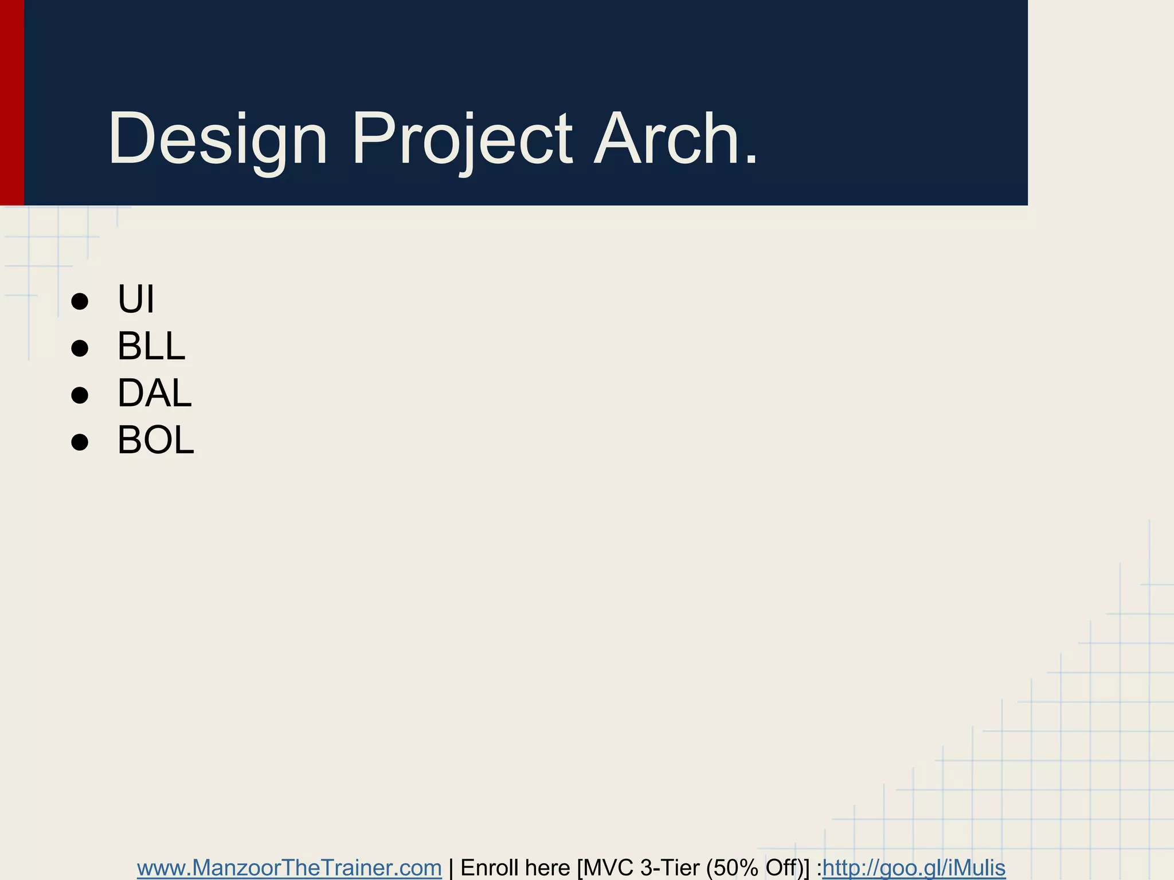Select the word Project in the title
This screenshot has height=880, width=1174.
461,139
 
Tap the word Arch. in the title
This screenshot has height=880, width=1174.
676,139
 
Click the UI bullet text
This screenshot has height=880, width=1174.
136,299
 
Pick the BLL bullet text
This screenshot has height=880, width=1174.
151,346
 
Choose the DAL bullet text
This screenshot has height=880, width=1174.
154,393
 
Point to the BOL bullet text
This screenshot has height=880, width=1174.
156,440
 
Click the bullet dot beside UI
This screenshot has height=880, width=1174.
80,301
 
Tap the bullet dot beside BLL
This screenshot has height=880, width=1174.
80,348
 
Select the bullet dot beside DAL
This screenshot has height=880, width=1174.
80,395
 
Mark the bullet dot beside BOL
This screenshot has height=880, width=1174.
80,442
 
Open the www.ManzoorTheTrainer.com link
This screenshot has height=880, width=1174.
289,868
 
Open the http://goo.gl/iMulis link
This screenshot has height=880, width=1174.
914,868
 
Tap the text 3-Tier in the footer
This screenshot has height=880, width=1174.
670,868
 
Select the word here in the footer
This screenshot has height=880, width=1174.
547,868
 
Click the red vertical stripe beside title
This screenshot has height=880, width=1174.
11,103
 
